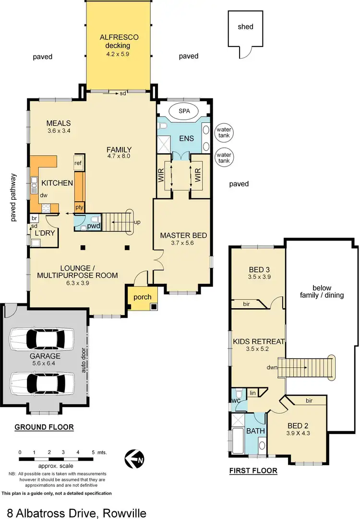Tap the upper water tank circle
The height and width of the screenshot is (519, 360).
(x=223, y=133)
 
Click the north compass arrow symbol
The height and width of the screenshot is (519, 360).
(x=134, y=459)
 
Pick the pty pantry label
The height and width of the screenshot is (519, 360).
(x=79, y=207)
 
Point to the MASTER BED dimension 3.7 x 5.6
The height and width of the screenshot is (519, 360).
(x=183, y=243)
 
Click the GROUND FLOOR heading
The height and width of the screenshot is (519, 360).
(x=44, y=427)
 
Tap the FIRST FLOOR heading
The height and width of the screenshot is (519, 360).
(x=253, y=471)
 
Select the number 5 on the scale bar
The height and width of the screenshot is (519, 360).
(x=92, y=452)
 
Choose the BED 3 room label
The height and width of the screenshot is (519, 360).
(x=260, y=269)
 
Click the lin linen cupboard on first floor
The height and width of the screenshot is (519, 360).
(x=252, y=393)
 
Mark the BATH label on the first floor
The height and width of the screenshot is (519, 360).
(x=255, y=431)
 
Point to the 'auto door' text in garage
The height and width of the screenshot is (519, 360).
(x=83, y=360)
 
